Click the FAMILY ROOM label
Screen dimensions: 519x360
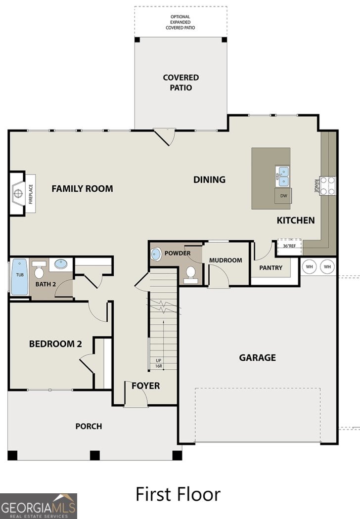(x=82, y=188)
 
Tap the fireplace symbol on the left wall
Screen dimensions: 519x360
(x=19, y=193)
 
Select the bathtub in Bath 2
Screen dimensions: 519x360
(x=19, y=277)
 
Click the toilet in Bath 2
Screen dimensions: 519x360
(x=40, y=270)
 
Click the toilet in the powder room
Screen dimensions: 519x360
(x=190, y=274)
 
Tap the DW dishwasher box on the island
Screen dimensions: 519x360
(x=283, y=196)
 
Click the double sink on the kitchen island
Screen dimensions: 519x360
(x=283, y=176)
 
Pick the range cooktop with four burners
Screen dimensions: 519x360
(x=327, y=186)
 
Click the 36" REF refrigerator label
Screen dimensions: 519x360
(x=289, y=246)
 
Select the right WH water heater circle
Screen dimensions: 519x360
(x=327, y=266)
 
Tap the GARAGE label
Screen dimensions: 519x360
(x=257, y=357)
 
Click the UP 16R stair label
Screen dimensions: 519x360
(x=159, y=363)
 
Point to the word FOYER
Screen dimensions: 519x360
(x=145, y=386)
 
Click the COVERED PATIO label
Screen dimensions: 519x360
(x=181, y=83)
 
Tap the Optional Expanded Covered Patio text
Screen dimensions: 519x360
(x=180, y=22)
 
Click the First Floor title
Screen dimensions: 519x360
(x=178, y=494)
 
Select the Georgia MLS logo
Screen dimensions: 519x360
(x=39, y=506)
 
